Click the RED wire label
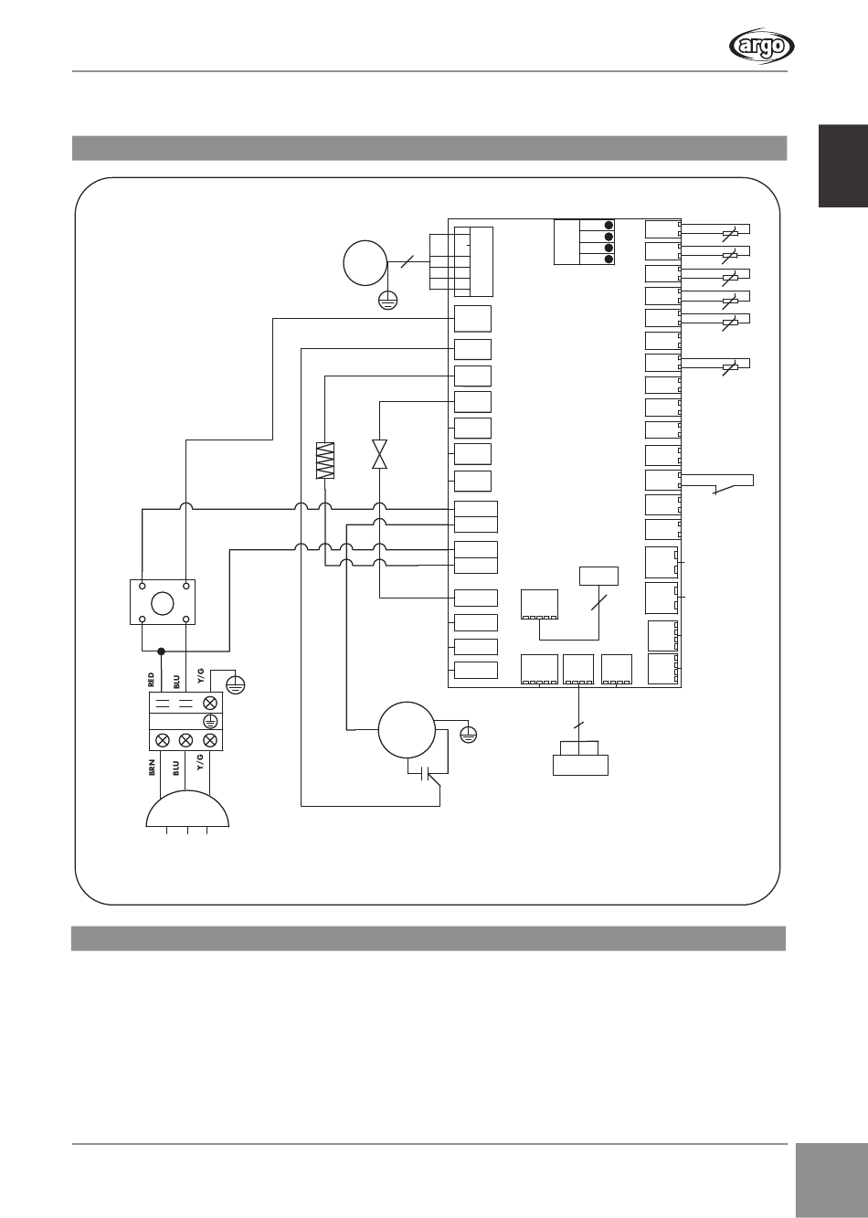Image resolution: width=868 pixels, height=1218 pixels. click(x=152, y=680)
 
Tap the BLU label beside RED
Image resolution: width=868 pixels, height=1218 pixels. click(x=175, y=680)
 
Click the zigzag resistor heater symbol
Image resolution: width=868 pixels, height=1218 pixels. click(x=326, y=461)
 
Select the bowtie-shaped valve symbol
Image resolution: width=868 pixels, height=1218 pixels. click(x=379, y=454)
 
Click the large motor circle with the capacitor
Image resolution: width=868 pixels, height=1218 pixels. click(x=406, y=729)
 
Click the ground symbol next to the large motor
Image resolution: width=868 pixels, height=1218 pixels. click(x=470, y=733)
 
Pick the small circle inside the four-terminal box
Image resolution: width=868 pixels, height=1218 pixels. click(x=164, y=602)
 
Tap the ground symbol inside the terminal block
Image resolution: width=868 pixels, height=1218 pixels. click(x=209, y=721)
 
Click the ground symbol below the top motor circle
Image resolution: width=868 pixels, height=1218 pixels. click(x=388, y=300)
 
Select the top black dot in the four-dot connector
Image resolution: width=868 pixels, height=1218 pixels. click(x=609, y=226)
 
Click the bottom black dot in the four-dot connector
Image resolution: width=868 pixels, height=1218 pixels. click(x=609, y=259)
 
